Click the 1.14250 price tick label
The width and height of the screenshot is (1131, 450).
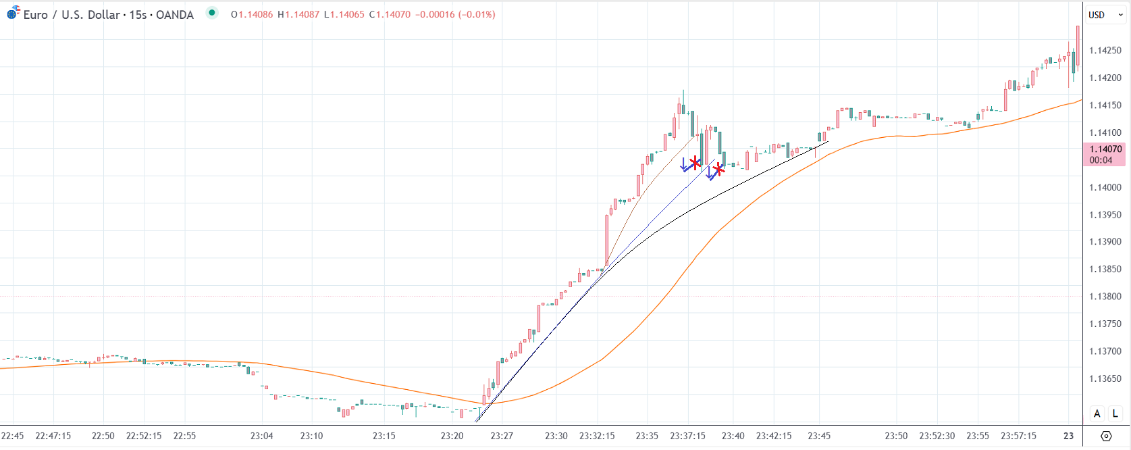pos(1105,51)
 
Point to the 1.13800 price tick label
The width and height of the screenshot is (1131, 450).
pos(1105,297)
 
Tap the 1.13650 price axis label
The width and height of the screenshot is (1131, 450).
pos(1105,379)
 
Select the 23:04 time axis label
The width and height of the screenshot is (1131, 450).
pos(261,436)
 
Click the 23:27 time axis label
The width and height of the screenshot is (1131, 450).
pos(502,436)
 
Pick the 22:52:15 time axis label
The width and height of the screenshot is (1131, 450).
pos(144,436)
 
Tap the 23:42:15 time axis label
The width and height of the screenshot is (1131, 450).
pos(774,436)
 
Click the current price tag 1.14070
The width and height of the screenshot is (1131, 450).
pos(1105,149)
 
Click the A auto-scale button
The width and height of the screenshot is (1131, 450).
pos(1097,414)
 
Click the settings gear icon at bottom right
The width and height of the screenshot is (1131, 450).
pos(1106,436)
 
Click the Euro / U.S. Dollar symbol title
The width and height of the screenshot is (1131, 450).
pos(108,15)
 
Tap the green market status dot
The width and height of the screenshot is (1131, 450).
pos(212,12)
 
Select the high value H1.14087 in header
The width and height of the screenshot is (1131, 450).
pos(298,15)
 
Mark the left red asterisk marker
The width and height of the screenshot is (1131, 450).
pos(695,163)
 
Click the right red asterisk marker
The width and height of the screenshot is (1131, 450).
pos(718,170)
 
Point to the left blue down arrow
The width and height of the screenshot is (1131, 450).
pos(684,164)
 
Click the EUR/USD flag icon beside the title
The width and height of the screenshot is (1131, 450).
pos(13,13)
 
